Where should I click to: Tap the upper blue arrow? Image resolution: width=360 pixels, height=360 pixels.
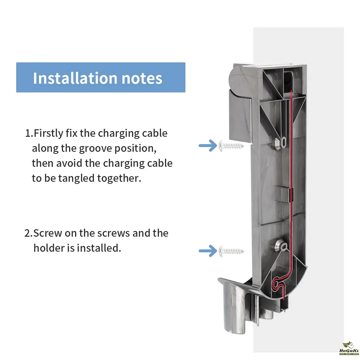[207, 146]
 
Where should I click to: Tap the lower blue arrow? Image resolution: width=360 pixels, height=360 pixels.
[207, 250]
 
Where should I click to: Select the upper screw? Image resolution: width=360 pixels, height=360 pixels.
[231, 146]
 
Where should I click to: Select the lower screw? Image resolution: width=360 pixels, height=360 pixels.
[231, 250]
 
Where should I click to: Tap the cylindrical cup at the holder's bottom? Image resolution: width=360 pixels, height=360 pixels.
[234, 306]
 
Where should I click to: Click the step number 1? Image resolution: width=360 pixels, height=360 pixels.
[28, 133]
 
